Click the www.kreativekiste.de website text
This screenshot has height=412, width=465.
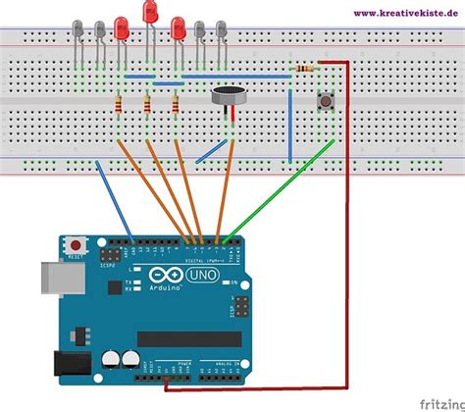point(403,12)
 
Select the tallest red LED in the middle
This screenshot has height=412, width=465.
point(150,13)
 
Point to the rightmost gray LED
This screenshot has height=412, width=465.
point(220,30)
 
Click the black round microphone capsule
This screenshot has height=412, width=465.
point(228,98)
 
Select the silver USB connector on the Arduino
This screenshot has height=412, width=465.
point(54,280)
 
